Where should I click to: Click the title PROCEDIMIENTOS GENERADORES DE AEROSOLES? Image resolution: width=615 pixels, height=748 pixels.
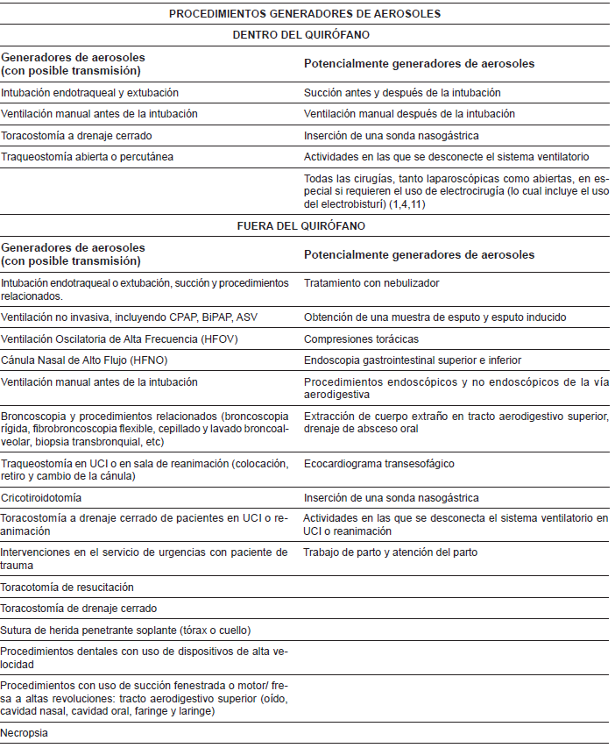click(x=305, y=13)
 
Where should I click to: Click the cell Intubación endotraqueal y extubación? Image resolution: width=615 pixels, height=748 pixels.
click(x=89, y=92)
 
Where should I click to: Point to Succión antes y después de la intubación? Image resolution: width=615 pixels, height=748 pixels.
click(x=402, y=92)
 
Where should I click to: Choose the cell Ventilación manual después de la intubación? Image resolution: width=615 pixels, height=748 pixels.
click(x=409, y=114)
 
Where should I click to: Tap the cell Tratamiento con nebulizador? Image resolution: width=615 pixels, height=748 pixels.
click(x=371, y=283)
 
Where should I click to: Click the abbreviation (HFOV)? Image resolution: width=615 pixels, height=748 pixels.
click(x=215, y=338)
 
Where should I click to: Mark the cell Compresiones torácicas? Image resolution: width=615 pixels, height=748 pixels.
click(x=361, y=338)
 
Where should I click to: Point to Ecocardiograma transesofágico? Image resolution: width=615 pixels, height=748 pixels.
click(x=379, y=463)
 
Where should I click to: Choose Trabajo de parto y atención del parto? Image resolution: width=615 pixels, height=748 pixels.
click(x=390, y=552)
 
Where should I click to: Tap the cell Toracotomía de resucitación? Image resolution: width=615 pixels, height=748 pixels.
click(x=67, y=587)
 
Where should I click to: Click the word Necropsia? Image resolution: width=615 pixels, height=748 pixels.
click(x=24, y=732)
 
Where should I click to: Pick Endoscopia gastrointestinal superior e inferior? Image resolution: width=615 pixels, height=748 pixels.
click(x=413, y=360)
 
